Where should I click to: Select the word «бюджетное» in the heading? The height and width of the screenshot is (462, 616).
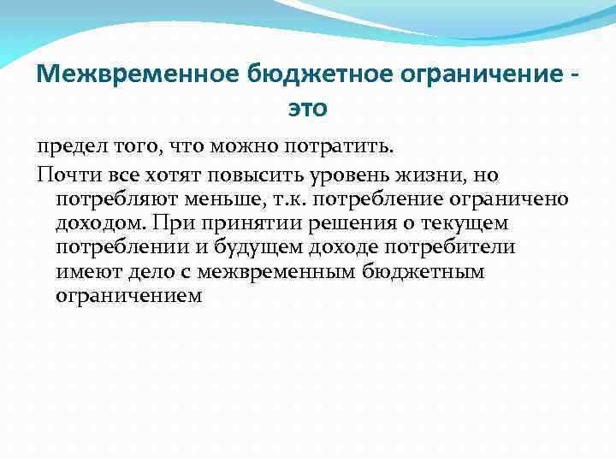[x=288, y=75]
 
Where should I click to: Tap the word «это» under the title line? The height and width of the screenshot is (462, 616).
[x=307, y=109]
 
